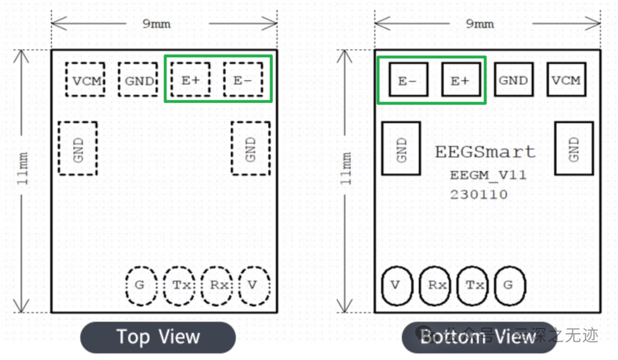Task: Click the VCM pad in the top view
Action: click(x=86, y=81)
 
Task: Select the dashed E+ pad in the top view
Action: click(x=191, y=81)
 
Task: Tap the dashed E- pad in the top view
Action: click(x=243, y=81)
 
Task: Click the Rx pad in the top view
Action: click(x=217, y=284)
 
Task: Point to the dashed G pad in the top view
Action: click(x=140, y=284)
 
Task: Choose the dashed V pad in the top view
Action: click(x=253, y=284)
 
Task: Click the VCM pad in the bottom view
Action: click(x=566, y=81)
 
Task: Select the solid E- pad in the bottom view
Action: click(x=408, y=81)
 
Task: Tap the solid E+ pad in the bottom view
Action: click(x=460, y=81)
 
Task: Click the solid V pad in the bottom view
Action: click(x=396, y=285)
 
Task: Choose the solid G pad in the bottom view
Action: click(x=509, y=285)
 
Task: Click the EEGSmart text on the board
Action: click(x=485, y=152)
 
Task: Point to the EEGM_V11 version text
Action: click(x=488, y=175)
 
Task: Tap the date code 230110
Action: click(x=478, y=195)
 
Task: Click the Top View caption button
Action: click(x=158, y=337)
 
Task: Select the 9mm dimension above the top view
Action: click(x=156, y=23)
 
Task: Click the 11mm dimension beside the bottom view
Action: click(x=346, y=168)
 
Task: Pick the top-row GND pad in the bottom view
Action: click(x=513, y=81)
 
